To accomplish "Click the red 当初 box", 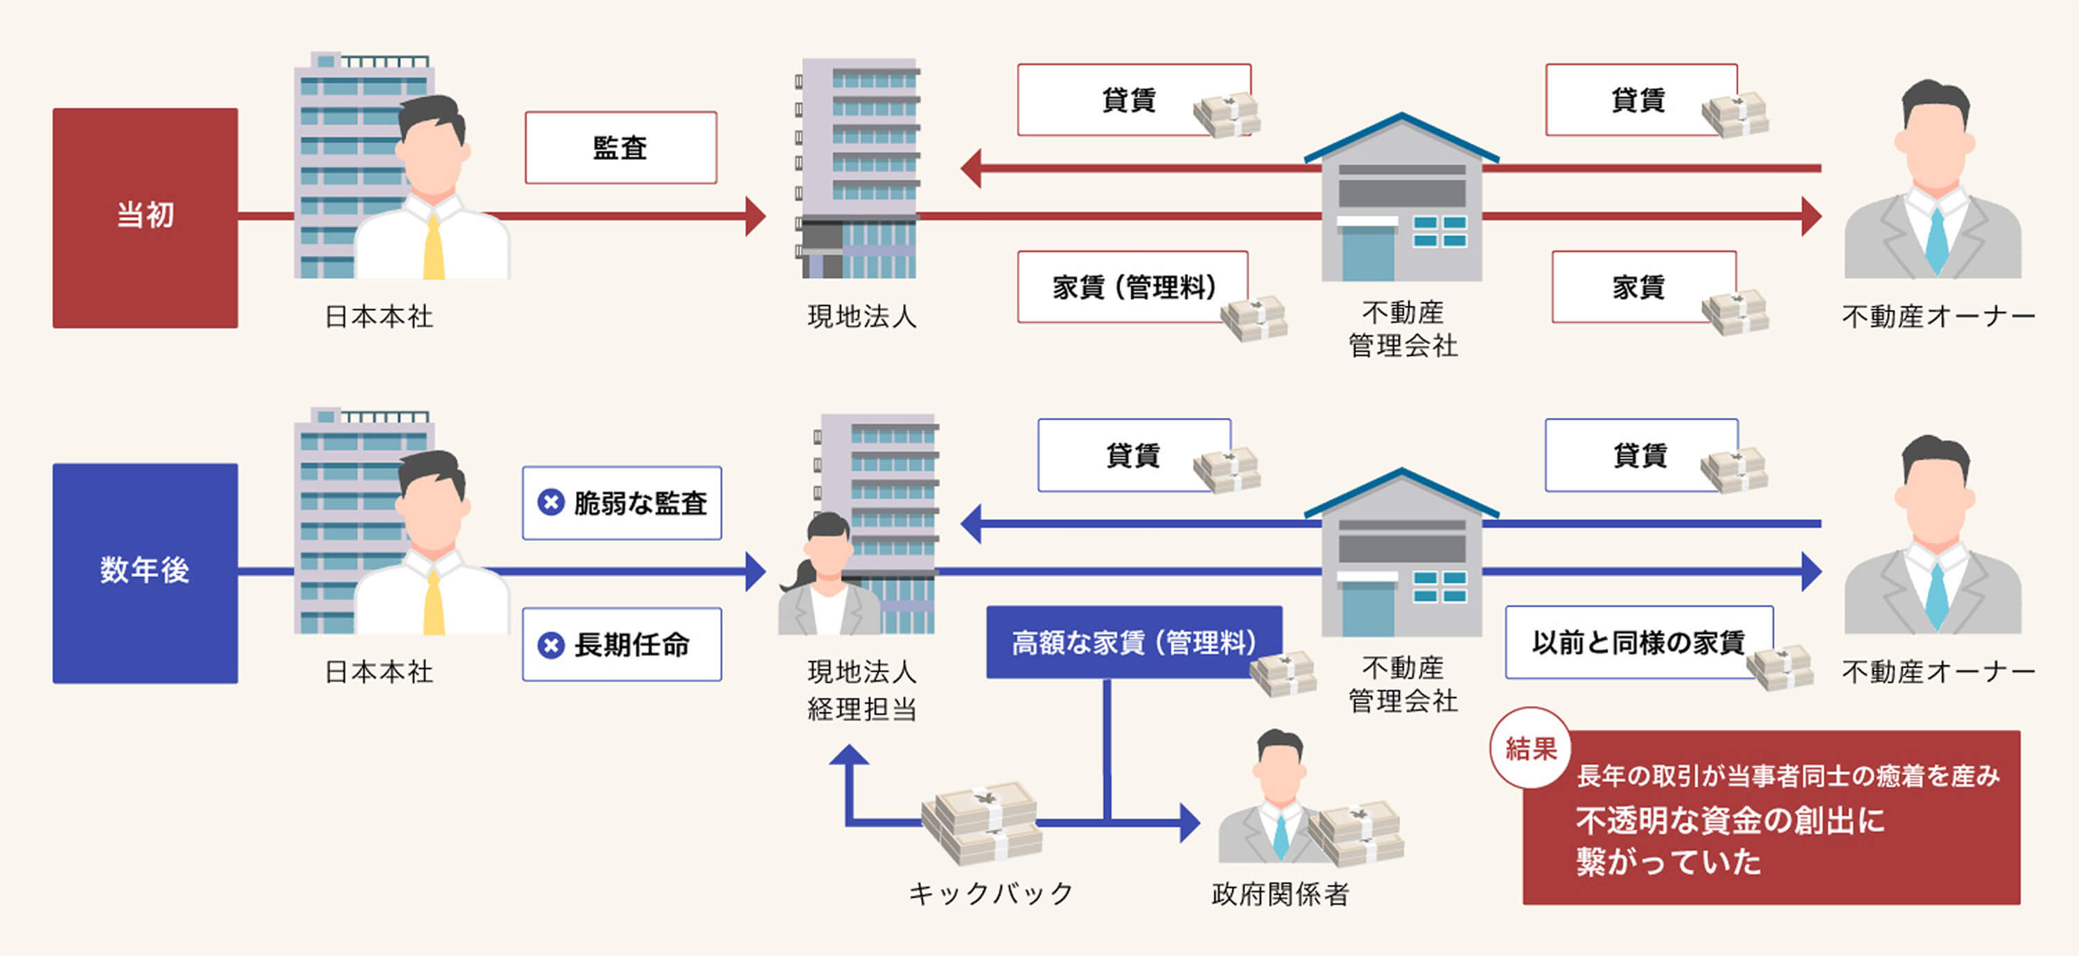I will (x=146, y=218).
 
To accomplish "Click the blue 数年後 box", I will (x=146, y=573).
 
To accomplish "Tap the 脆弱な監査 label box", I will (x=622, y=503).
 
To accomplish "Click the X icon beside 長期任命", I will (x=551, y=644).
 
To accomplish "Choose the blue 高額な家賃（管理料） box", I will (x=1133, y=642).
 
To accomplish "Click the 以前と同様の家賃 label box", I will (x=1638, y=642).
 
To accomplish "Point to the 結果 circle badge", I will (x=1530, y=748).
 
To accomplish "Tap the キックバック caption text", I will (x=990, y=893).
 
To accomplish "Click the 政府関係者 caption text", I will (x=1280, y=893).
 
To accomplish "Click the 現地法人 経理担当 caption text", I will (x=862, y=691).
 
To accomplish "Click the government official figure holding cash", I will (x=1275, y=799).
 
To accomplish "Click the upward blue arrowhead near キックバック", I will (x=849, y=755).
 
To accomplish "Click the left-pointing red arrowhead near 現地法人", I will (x=972, y=168).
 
